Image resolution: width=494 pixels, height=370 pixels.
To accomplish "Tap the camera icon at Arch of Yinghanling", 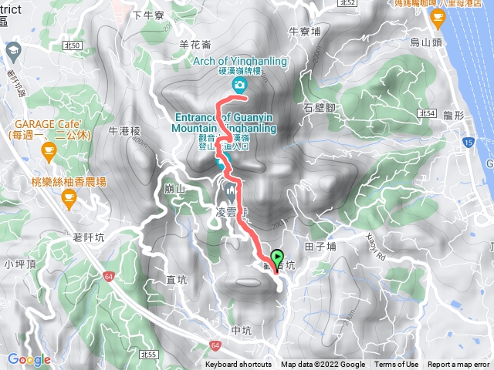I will pos(240,83).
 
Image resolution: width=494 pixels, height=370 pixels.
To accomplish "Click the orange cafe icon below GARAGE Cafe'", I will pos(49,153).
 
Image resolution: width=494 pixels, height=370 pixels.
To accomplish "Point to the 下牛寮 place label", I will pos(148,15).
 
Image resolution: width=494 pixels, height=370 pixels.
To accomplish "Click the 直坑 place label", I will pos(178,279).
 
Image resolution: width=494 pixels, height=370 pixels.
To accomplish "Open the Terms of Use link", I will pos(397,365).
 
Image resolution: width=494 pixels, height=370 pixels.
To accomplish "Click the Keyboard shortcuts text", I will pos(239,365).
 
